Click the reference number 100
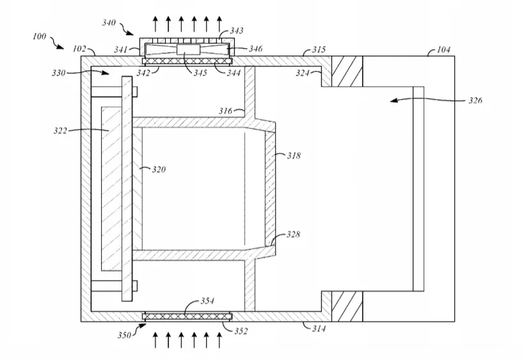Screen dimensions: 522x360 click(39, 36)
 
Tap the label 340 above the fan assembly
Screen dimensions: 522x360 click(109, 22)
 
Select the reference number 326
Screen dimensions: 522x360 click(475, 100)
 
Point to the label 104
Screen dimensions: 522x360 click(444, 50)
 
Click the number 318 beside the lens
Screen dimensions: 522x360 click(294, 155)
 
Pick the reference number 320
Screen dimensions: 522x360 click(159, 169)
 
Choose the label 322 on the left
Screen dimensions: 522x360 click(60, 130)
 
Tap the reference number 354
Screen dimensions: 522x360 click(207, 301)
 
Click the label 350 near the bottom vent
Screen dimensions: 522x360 click(124, 335)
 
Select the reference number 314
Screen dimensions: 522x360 click(319, 329)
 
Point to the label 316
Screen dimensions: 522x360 click(225, 111)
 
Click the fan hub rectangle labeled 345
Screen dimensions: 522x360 click(188, 49)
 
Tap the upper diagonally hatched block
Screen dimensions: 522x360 click(347, 71)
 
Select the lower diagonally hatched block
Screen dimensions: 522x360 click(347, 306)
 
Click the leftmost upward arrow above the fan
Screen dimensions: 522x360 click(155, 24)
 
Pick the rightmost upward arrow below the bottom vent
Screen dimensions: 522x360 click(219, 340)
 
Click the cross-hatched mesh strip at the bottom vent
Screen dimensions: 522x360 click(187, 316)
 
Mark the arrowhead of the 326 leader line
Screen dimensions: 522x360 click(394, 100)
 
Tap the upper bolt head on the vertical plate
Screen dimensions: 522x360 click(135, 92)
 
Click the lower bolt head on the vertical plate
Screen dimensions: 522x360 click(135, 286)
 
